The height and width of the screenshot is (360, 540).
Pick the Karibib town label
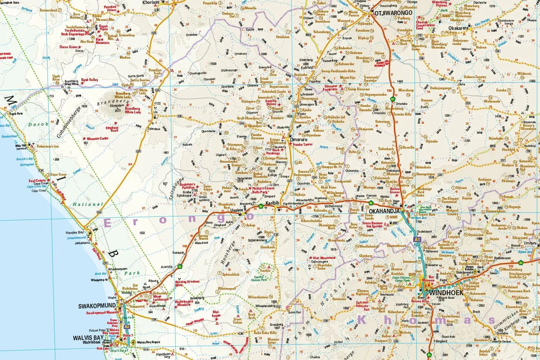[273, 203]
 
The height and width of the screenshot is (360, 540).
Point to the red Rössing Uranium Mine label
[184, 284]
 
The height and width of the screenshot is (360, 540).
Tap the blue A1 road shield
[417, 239]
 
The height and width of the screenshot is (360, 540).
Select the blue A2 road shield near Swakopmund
[127, 327]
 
